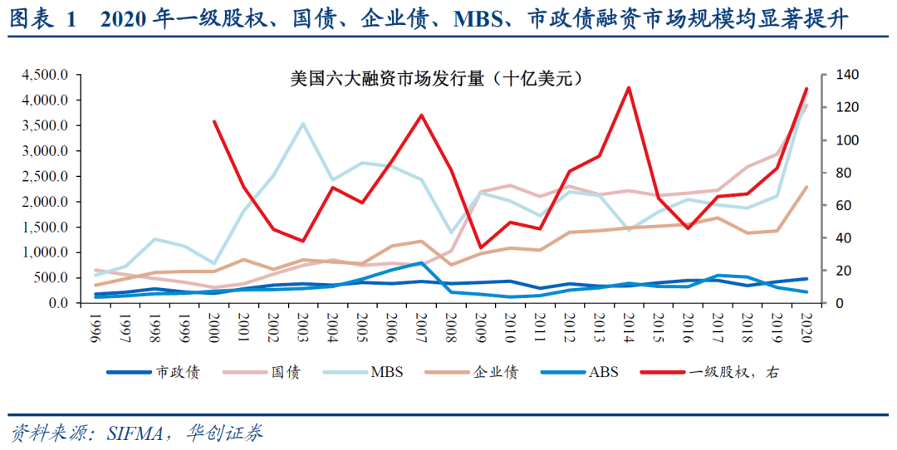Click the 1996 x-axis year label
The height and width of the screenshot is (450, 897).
click(97, 323)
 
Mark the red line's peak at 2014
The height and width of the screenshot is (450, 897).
click(629, 87)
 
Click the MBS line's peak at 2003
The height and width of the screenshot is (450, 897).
click(303, 124)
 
